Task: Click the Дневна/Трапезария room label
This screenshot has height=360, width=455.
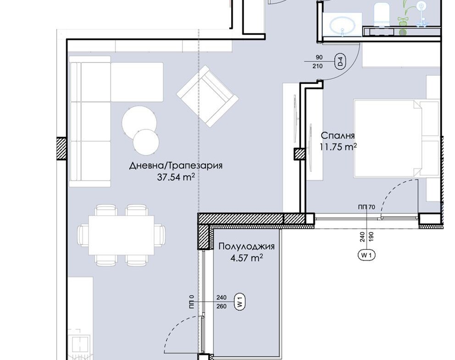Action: (x=176, y=166)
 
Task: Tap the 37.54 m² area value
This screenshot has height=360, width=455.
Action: (x=176, y=177)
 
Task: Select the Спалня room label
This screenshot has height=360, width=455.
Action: (x=338, y=135)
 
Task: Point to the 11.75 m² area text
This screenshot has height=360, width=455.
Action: (x=338, y=147)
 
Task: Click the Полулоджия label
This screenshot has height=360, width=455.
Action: (x=246, y=247)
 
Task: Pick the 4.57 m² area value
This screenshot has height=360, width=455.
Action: (x=247, y=258)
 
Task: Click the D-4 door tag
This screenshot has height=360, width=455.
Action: (x=341, y=61)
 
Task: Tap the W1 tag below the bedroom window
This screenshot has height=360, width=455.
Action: (x=367, y=255)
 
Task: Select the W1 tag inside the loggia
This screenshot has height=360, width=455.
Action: (x=240, y=302)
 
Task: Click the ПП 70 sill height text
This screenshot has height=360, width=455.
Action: (x=367, y=207)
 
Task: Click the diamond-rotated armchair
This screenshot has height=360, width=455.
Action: (x=207, y=96)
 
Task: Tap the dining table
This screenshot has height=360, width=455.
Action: (x=121, y=235)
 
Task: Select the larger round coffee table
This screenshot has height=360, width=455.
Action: (x=139, y=121)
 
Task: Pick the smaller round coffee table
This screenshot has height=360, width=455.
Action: (x=146, y=143)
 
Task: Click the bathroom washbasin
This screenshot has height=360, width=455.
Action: (x=343, y=25)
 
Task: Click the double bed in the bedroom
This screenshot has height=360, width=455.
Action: (x=396, y=138)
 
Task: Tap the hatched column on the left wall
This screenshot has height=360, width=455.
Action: (x=61, y=149)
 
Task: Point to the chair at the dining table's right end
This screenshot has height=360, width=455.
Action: (x=160, y=235)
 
